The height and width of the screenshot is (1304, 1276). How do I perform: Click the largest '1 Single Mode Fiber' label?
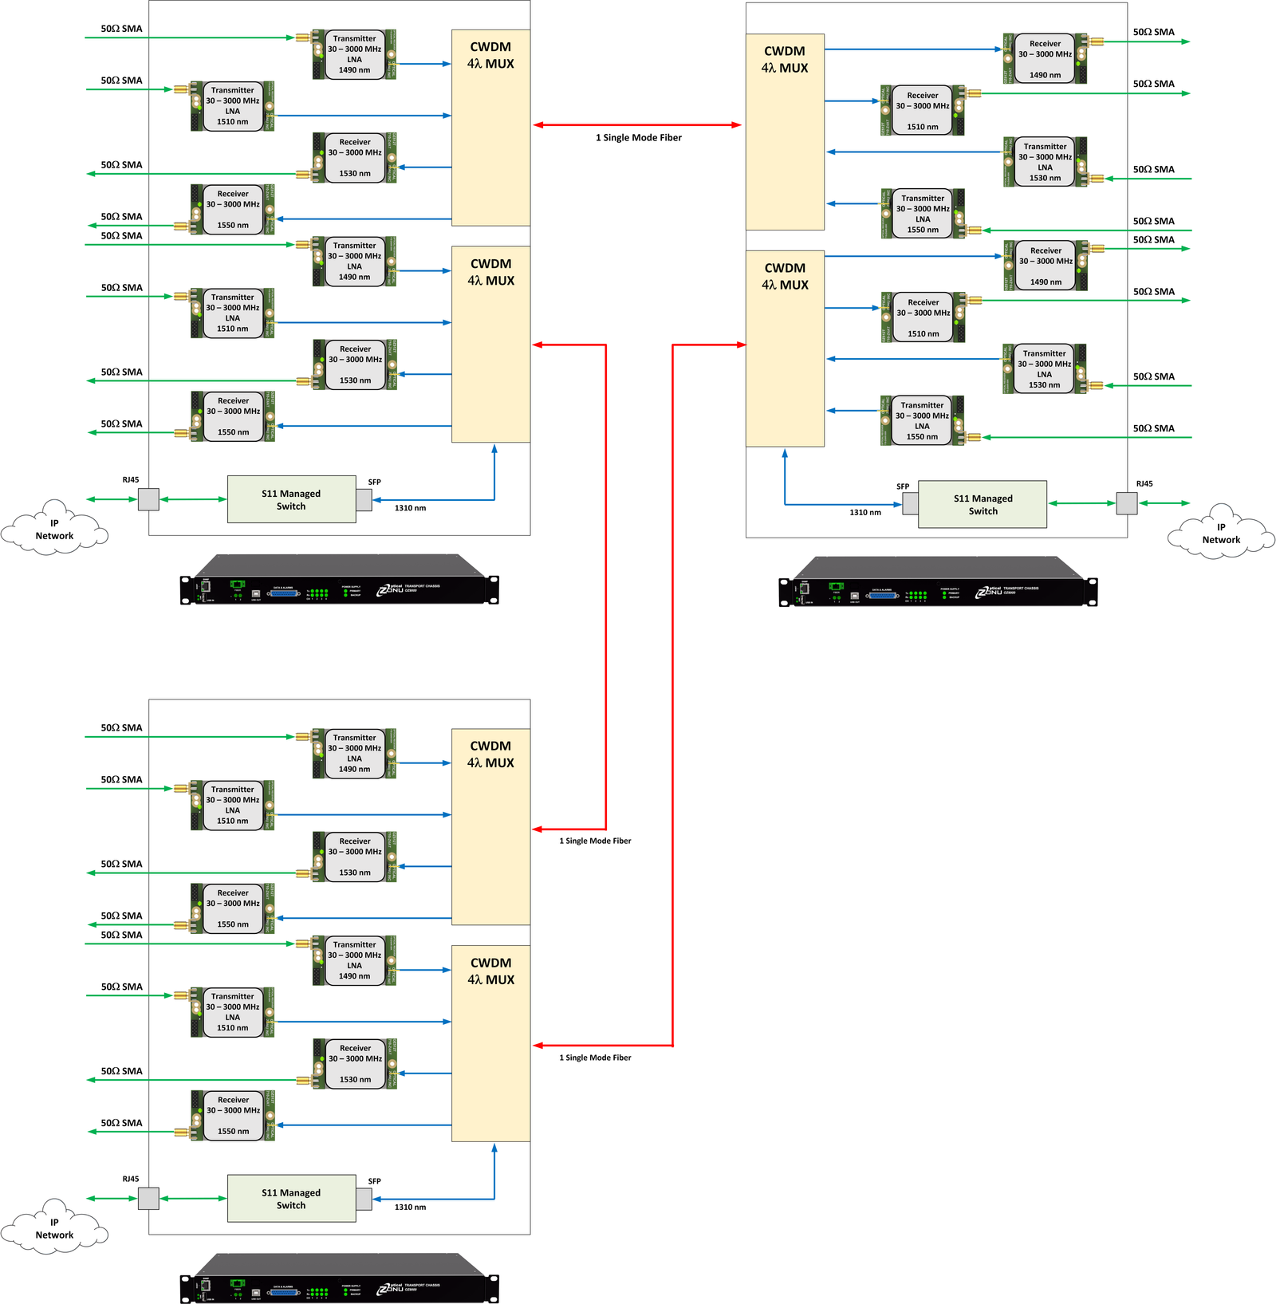(638, 138)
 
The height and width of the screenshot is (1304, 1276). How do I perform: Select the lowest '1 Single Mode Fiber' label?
(595, 1058)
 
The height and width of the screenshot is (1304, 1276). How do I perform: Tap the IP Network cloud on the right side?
(1220, 533)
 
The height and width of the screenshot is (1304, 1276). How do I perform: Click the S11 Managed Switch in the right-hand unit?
(983, 504)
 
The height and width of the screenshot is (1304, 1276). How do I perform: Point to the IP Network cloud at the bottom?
(54, 1228)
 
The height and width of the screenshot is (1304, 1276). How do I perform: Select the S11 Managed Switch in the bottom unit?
(291, 1199)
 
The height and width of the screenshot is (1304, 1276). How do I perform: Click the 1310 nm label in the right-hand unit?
(865, 513)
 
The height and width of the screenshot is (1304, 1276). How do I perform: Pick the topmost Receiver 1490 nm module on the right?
(1045, 59)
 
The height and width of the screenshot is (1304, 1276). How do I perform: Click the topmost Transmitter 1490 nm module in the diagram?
(354, 54)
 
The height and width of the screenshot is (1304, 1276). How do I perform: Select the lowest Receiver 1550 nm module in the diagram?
(233, 1115)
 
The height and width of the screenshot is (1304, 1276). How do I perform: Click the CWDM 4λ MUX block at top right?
(785, 132)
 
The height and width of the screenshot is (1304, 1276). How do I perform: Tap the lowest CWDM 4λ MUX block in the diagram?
(490, 1043)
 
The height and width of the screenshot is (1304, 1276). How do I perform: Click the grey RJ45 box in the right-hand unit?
(1126, 503)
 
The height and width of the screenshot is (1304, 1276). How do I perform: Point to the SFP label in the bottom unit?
(375, 1181)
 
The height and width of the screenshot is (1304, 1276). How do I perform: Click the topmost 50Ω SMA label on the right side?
(1153, 33)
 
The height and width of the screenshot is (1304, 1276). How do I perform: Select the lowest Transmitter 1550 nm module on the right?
(922, 420)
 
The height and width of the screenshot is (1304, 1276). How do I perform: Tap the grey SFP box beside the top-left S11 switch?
(364, 500)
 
